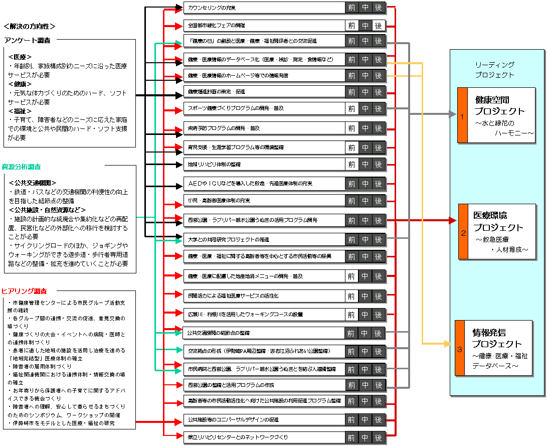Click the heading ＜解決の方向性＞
click(x=29, y=26)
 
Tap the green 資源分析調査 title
click(x=21, y=166)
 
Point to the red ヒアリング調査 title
click(x=25, y=291)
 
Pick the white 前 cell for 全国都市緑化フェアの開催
click(x=351, y=25)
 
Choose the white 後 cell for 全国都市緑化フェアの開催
click(x=379, y=25)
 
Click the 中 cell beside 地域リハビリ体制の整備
click(x=365, y=164)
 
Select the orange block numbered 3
click(x=460, y=348)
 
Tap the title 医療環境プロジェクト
click(x=498, y=221)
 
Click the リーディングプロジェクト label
click(x=494, y=70)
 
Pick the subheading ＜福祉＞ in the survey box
click(x=20, y=111)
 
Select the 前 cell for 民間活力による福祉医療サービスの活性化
click(x=351, y=296)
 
